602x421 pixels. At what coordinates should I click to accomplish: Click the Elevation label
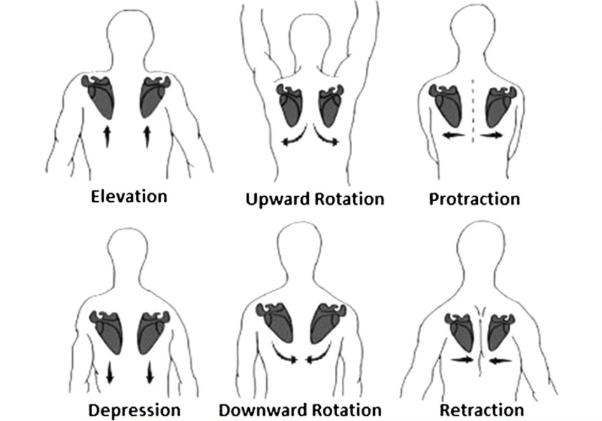point(129,196)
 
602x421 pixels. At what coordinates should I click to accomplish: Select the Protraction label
point(474,199)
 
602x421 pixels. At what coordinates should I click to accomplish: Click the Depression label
point(135,410)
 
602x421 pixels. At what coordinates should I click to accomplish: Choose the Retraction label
point(481,410)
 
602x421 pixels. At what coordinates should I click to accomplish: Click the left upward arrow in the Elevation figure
point(107,136)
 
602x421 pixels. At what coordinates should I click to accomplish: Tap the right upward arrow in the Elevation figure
point(147,136)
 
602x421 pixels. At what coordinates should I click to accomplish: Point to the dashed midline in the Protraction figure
point(473,111)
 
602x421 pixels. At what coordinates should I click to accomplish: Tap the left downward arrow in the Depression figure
point(109,372)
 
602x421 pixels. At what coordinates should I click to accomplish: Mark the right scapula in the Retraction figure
point(500,332)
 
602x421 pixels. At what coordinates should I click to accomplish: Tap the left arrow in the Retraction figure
point(462,360)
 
